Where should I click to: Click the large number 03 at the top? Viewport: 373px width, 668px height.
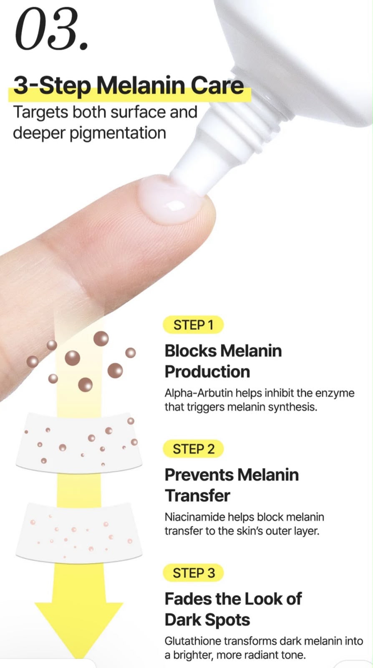click(x=51, y=29)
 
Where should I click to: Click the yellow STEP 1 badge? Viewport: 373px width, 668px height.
click(x=193, y=325)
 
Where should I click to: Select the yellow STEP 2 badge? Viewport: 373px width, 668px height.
click(x=193, y=449)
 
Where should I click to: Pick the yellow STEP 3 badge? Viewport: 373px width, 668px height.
click(x=193, y=573)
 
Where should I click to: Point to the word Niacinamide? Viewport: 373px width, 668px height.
click(x=194, y=517)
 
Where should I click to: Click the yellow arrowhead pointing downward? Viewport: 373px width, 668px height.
click(x=79, y=629)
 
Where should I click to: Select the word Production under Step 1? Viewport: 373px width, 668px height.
click(x=207, y=372)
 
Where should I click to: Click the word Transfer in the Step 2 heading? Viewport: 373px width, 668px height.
click(x=197, y=496)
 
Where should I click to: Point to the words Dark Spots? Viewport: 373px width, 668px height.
click(x=207, y=620)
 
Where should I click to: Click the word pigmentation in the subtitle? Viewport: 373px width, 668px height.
click(x=118, y=134)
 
